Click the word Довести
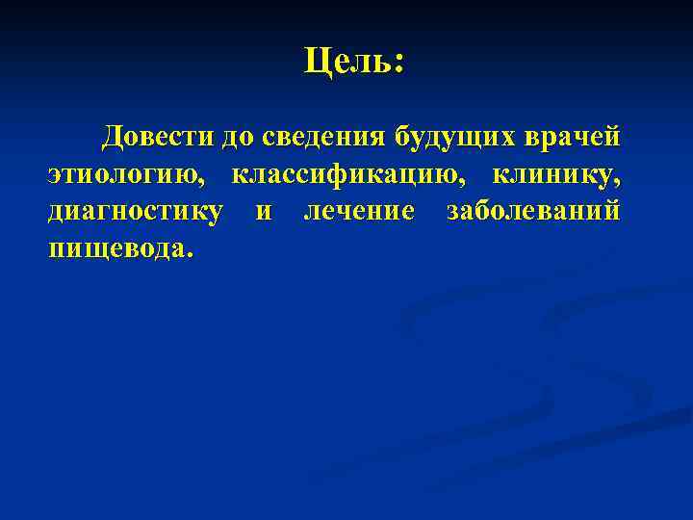point(161,137)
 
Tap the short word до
point(237,138)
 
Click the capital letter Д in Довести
point(114,137)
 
